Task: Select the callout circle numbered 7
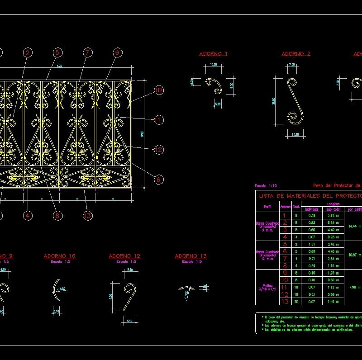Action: (87, 53)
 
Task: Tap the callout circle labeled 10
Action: (158, 90)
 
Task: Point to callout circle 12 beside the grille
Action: (158, 150)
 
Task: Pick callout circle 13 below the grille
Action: (87, 216)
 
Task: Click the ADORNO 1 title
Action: (213, 54)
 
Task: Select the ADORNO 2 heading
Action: (296, 54)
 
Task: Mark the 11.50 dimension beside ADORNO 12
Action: (110, 298)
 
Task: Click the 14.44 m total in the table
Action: (353, 226)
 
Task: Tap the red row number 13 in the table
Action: (285, 301)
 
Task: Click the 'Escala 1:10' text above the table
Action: (266, 186)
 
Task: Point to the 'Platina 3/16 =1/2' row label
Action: (267, 287)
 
